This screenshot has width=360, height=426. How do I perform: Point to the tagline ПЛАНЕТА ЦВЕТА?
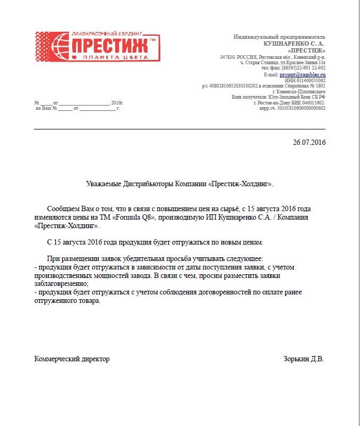pos(112,57)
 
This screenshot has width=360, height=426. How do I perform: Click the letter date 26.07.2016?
pos(309,143)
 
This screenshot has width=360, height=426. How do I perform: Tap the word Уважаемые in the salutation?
pos(105,184)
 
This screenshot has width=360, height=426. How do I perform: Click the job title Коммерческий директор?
pos(72,359)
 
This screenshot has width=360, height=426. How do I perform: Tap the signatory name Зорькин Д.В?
pos(304,359)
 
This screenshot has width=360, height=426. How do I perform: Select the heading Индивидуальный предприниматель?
pos(279,37)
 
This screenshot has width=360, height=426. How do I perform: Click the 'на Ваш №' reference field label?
pos(46,108)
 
